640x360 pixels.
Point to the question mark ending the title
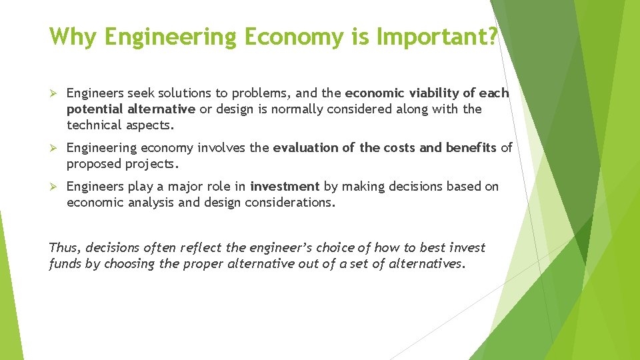[493, 37]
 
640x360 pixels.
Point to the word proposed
[93, 163]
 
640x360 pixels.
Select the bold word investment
[285, 186]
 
